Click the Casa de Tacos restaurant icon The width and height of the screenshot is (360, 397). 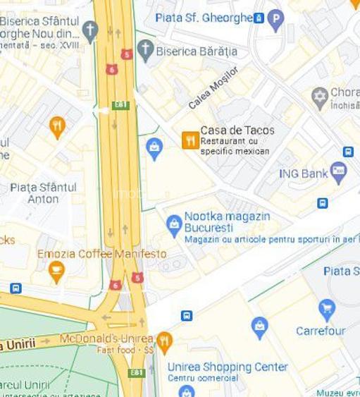(x=190, y=140)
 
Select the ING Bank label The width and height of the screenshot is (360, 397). (x=303, y=173)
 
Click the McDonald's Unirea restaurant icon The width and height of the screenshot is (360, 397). (x=164, y=343)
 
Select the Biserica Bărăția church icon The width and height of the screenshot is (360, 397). (x=145, y=50)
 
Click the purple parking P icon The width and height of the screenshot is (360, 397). (x=276, y=19)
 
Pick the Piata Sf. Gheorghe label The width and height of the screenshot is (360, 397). (x=204, y=17)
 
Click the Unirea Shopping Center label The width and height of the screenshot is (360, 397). (x=228, y=367)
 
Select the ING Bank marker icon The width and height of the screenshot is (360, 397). (x=339, y=172)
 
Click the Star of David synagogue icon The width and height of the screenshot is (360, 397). (x=321, y=97)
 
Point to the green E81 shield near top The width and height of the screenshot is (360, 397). (x=121, y=104)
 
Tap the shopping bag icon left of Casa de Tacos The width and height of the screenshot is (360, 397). (x=154, y=148)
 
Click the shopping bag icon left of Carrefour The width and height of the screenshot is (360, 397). (x=260, y=327)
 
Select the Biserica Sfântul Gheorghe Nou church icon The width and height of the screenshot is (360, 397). (x=89, y=30)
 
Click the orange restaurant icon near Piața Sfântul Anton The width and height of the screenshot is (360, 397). (x=58, y=127)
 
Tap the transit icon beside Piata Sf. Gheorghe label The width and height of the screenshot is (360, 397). (x=259, y=17)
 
